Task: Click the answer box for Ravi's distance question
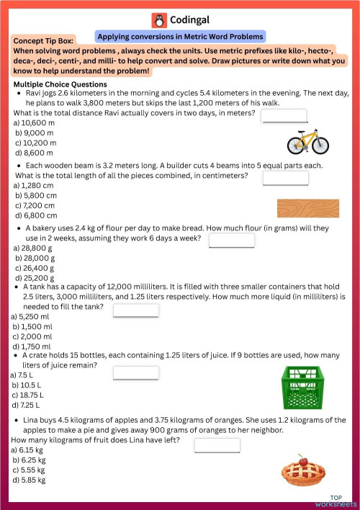pyautogui.click(x=284, y=117)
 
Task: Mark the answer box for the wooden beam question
pyautogui.click(x=285, y=178)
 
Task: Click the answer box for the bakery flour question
pyautogui.click(x=231, y=241)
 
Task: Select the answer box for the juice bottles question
pyautogui.click(x=135, y=372)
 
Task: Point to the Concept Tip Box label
pyautogui.click(x=47, y=41)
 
